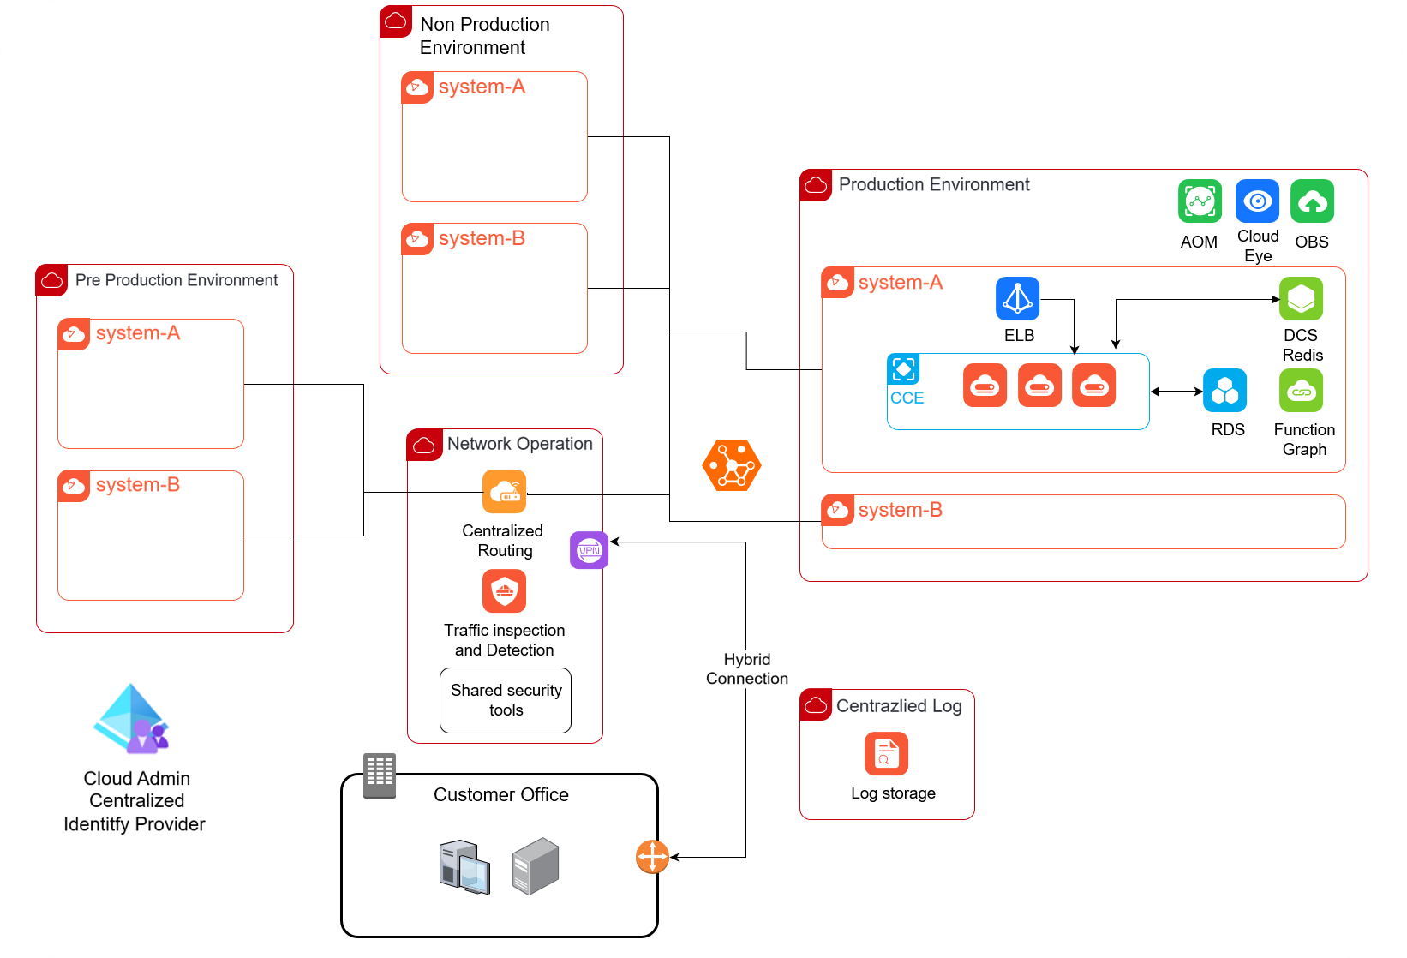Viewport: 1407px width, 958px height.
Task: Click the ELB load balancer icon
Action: [x=1018, y=298]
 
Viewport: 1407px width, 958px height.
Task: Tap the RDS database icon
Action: [x=1224, y=390]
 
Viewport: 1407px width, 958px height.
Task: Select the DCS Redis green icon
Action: [x=1302, y=298]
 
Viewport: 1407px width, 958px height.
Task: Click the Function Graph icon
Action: [x=1302, y=390]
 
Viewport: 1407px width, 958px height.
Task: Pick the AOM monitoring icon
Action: [x=1200, y=201]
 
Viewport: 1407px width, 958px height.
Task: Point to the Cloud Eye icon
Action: [x=1258, y=201]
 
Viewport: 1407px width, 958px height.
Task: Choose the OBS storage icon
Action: [x=1313, y=201]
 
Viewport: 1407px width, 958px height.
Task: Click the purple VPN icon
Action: [x=590, y=550]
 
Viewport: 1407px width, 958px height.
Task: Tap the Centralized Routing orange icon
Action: [x=505, y=492]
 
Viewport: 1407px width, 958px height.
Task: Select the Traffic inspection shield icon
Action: [x=505, y=591]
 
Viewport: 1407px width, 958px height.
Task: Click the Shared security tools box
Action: [x=506, y=700]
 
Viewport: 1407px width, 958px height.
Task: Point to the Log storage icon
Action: [x=886, y=754]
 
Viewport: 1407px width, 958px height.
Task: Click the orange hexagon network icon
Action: [x=732, y=465]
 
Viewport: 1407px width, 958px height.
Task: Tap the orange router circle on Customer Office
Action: [x=653, y=857]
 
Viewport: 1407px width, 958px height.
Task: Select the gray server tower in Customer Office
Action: [x=536, y=865]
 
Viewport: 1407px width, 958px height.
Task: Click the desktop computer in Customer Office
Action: [x=464, y=867]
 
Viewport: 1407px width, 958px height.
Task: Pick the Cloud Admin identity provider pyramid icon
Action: [x=131, y=719]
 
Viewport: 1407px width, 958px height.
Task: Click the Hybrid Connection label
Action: [x=747, y=669]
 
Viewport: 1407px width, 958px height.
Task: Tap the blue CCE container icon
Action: [x=903, y=369]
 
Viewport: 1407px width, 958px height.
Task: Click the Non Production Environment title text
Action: [x=484, y=36]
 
